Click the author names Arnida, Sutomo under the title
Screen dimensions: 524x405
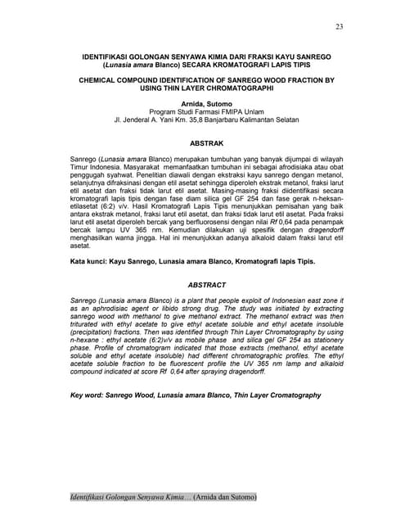(201, 104)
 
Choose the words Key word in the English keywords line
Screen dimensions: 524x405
(88, 395)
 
